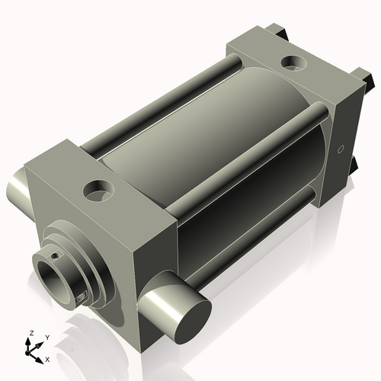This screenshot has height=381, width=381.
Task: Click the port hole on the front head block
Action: pyautogui.click(x=98, y=189)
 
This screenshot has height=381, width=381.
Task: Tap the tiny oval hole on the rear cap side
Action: pyautogui.click(x=341, y=148)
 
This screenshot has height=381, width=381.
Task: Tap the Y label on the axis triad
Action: pyautogui.click(x=46, y=337)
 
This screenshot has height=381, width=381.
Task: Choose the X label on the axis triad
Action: pyautogui.click(x=47, y=358)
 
